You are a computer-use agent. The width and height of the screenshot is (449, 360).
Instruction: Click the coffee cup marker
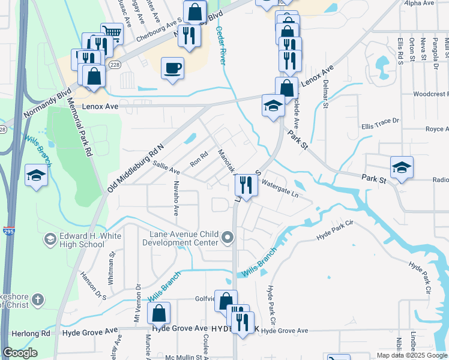[173, 68]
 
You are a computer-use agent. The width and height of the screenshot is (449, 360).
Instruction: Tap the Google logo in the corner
[20, 353]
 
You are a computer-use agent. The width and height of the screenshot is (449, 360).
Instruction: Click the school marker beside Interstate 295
[36, 175]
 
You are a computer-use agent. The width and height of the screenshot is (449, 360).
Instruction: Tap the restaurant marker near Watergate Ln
[245, 185]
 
